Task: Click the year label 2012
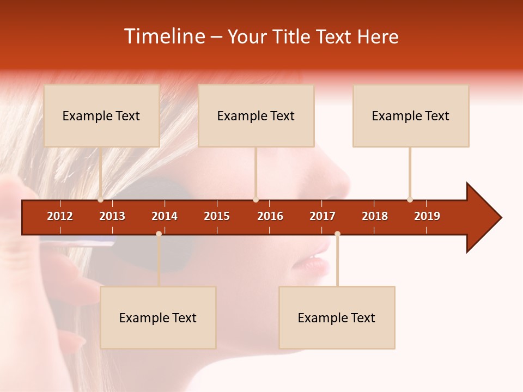tap(60, 216)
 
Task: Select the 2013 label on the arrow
tap(112, 216)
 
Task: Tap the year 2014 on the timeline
tap(165, 216)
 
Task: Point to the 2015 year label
tap(217, 216)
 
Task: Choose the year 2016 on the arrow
tap(270, 216)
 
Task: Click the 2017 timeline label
tap(323, 216)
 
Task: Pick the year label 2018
tap(375, 216)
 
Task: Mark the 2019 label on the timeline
tap(427, 216)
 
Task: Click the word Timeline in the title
tap(164, 36)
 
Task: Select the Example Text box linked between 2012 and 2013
tap(101, 115)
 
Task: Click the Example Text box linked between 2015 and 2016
tap(256, 115)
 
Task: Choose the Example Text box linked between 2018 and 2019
tap(411, 115)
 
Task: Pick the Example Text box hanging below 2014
tap(158, 317)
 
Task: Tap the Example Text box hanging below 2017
tap(337, 317)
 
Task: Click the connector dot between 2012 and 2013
tap(101, 200)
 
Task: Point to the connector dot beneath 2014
tap(159, 234)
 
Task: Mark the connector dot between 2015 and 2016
tap(256, 200)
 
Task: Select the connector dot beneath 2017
tap(337, 234)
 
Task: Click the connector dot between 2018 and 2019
tap(410, 200)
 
